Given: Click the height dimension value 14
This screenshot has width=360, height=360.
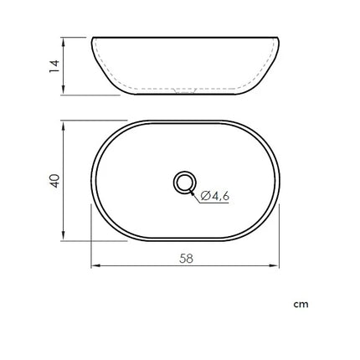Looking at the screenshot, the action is click(54, 66).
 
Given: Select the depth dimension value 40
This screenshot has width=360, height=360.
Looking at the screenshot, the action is click(54, 181).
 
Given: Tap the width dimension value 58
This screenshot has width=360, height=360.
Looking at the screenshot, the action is click(186, 259).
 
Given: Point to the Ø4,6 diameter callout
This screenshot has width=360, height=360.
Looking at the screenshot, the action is click(214, 196).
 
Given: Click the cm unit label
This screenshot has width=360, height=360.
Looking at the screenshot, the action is click(301, 304).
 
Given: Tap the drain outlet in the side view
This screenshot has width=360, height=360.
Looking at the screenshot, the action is click(184, 90).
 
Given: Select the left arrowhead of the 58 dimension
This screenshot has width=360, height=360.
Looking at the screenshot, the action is click(95, 265).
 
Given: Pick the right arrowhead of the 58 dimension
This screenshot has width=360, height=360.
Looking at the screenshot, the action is click(275, 265).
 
